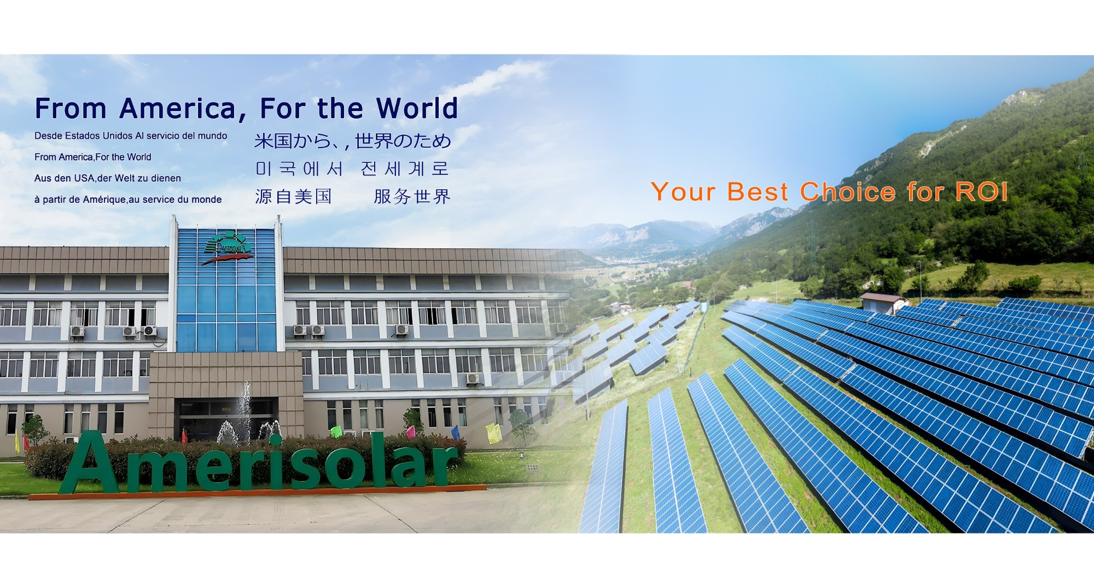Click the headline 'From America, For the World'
point(246,108)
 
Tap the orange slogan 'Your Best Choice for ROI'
point(829,192)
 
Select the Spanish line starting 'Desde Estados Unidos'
point(131,136)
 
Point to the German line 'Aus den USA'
point(107,178)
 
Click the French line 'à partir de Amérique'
point(128,200)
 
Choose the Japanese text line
point(353,141)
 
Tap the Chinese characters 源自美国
point(293,196)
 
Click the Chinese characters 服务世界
point(412,196)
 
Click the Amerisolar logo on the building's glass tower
point(228,248)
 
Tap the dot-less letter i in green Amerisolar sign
point(275,464)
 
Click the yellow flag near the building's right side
point(493,433)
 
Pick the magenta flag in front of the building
point(411,432)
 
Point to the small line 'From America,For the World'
point(93,157)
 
